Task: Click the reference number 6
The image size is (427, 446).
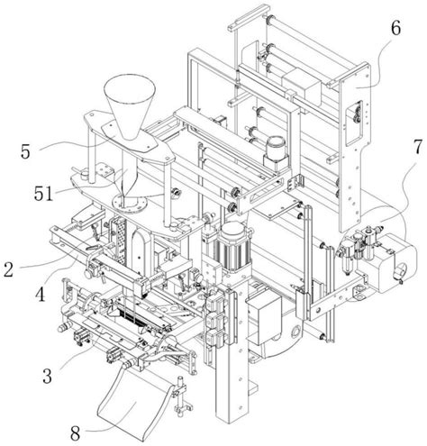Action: (x=395, y=29)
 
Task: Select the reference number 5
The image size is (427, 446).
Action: (x=25, y=151)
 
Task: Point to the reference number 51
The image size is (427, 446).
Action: (x=43, y=193)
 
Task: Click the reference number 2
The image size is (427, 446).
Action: (x=8, y=269)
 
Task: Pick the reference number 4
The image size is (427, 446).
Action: (x=40, y=295)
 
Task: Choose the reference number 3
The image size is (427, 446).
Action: (x=47, y=376)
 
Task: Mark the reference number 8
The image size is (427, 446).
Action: (x=75, y=432)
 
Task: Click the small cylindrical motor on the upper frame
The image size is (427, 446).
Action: (x=276, y=150)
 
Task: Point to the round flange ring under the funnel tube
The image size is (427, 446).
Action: (x=130, y=204)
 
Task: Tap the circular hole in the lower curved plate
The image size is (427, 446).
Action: (x=296, y=331)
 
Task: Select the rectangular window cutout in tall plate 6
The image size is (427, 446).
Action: (x=353, y=123)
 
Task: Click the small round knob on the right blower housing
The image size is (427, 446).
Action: (x=400, y=269)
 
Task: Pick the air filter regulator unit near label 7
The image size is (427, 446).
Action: (x=349, y=255)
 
